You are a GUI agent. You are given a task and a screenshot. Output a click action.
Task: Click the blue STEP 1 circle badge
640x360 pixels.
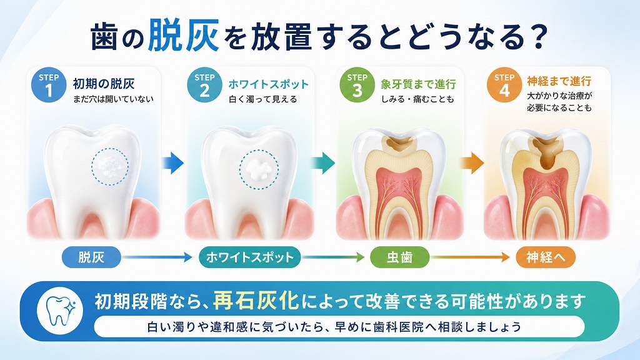tap(49, 85)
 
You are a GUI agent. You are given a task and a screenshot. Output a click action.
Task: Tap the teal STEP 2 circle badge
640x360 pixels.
tap(204, 85)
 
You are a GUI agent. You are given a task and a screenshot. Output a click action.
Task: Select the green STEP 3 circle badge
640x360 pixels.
tap(357, 85)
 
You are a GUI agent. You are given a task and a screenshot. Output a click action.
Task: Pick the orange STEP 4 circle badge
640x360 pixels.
tap(504, 85)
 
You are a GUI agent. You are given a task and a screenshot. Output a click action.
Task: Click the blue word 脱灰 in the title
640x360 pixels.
tap(183, 36)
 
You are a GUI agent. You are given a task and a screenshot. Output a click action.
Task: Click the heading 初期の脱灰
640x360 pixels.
tap(104, 84)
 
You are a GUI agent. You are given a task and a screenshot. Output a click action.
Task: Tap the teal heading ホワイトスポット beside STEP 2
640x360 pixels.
tap(268, 84)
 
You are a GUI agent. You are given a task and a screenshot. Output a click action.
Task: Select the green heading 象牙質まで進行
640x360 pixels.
tap(418, 84)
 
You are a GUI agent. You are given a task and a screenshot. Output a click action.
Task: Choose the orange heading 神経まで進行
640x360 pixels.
tap(559, 81)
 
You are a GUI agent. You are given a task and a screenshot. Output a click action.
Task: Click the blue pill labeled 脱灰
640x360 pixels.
tap(91, 257)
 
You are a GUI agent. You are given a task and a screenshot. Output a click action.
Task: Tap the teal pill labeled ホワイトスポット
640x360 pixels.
tap(250, 257)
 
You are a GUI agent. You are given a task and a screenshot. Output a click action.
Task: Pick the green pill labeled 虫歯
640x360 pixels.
tap(399, 257)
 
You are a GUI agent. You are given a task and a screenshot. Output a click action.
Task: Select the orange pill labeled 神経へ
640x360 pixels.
tap(546, 257)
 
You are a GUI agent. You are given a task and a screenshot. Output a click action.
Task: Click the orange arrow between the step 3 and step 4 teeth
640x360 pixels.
tap(472, 163)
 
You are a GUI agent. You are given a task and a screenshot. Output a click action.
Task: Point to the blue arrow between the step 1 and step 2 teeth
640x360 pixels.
tap(172, 163)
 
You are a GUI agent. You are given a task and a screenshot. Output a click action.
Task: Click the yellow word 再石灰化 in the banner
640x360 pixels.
tap(256, 301)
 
